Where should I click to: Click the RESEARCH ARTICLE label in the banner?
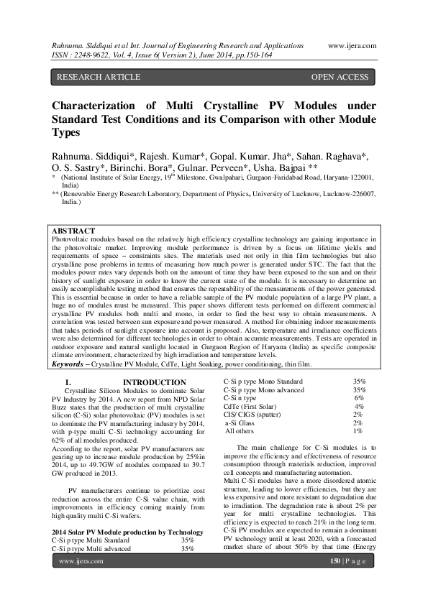[x=90, y=76]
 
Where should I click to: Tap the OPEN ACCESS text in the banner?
[x=340, y=76]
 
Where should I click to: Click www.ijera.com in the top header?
[x=352, y=45]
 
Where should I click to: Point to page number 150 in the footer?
[x=334, y=580]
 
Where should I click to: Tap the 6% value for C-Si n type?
[x=358, y=398]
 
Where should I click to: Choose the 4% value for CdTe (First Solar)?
[x=358, y=407]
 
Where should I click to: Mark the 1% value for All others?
[x=358, y=431]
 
